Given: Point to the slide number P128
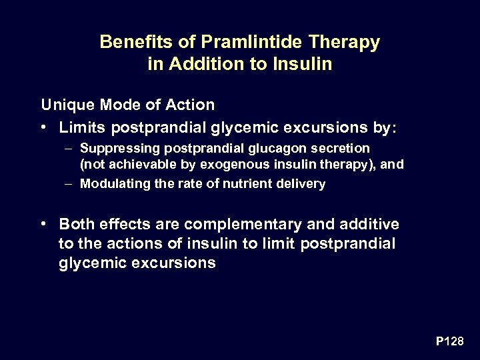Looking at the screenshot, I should pyautogui.click(x=449, y=341).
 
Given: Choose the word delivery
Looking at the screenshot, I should pyautogui.click(x=300, y=184).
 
